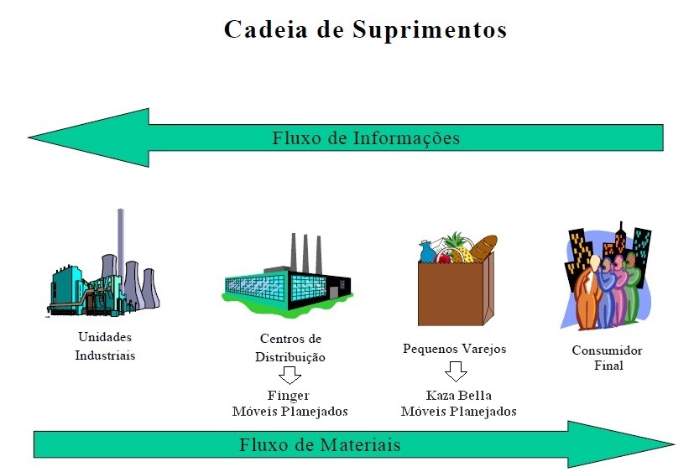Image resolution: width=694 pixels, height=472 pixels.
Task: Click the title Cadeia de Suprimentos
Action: click(x=365, y=29)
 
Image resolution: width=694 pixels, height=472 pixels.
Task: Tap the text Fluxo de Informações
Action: click(x=365, y=138)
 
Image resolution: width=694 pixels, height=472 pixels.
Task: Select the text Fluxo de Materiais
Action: click(x=320, y=444)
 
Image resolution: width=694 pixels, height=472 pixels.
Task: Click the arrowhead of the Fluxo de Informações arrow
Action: click(x=84, y=137)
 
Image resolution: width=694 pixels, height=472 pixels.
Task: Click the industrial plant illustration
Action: click(x=102, y=277)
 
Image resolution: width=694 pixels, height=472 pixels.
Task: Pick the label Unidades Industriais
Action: click(x=105, y=345)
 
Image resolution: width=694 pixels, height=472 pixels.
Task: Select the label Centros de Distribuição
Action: click(x=290, y=348)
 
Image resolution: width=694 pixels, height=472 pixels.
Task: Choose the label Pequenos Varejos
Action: click(x=454, y=349)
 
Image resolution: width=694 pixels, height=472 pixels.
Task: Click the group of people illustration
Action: click(x=607, y=281)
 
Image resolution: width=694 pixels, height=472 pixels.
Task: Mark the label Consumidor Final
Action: click(x=607, y=358)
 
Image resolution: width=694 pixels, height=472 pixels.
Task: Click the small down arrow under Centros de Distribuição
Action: click(x=290, y=375)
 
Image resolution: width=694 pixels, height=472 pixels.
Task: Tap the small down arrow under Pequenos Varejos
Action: click(x=456, y=371)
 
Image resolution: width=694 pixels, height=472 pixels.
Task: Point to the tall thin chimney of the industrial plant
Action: click(x=121, y=243)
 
